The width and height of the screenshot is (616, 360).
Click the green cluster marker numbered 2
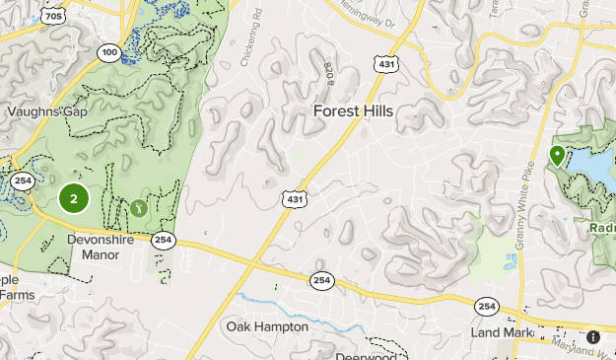[73, 198]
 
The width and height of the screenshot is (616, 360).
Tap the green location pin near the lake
[557, 156]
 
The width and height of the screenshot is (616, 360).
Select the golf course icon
[139, 208]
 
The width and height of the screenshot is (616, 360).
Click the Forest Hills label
[353, 111]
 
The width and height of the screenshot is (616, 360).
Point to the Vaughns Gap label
[47, 111]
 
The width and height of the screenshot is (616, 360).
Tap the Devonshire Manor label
[94, 247]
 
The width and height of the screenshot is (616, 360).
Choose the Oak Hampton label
[267, 326]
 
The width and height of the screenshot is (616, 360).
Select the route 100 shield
[110, 51]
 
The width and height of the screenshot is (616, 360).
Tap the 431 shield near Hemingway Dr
[386, 64]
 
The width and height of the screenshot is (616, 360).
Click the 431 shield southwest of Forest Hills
[295, 199]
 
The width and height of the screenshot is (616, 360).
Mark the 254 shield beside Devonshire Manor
[164, 240]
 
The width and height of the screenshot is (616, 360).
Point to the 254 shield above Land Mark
[485, 307]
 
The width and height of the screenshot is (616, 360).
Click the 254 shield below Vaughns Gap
[23, 181]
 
